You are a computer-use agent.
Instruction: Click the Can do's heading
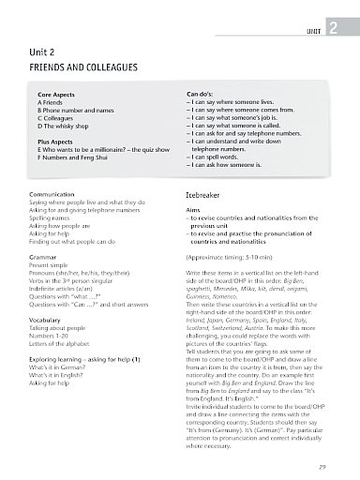click(204, 95)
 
